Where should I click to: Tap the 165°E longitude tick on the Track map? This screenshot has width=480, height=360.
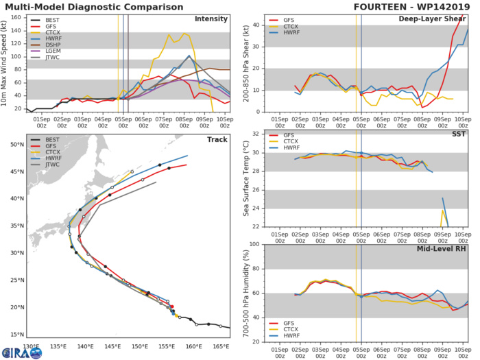(x=221, y=346)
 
